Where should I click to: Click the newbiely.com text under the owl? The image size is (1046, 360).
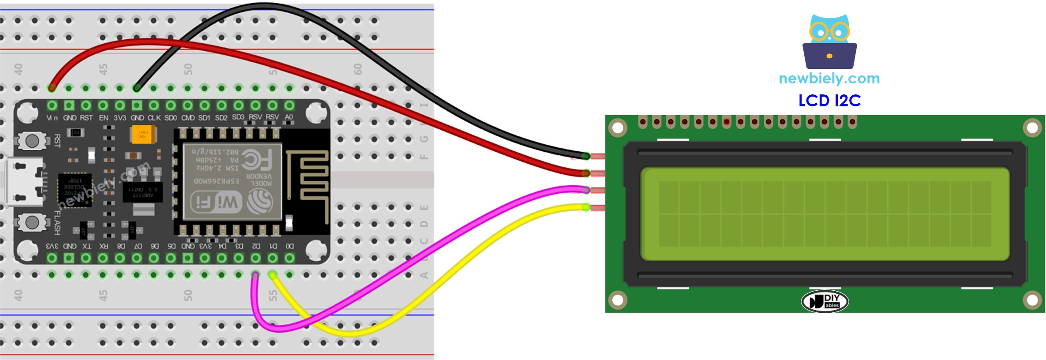pos(829,79)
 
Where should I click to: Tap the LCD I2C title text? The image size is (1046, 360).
pos(829,101)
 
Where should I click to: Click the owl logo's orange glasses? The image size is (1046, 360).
pos(829,32)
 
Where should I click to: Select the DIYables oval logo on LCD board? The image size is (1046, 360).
pos(825,302)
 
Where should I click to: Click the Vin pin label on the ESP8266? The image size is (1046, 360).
pos(52,118)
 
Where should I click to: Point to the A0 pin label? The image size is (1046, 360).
pos(289,117)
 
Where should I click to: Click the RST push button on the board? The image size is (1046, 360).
pos(32,141)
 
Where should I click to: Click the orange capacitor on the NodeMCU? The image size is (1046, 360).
pos(143,135)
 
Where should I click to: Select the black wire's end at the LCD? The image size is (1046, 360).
pos(586,156)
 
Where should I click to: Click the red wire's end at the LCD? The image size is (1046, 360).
pos(586,173)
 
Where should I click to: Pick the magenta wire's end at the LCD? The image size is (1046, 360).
pos(586,190)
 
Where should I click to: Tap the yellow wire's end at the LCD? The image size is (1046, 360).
pos(586,207)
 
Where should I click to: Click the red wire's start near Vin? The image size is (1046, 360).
pos(52,88)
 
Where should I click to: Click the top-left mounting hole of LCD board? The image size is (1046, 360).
pos(618,128)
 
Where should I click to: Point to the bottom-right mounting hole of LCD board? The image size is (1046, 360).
pos(1032,300)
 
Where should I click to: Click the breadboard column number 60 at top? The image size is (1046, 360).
pos(358,69)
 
